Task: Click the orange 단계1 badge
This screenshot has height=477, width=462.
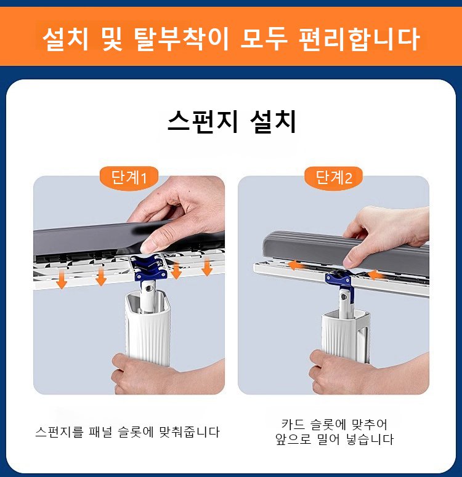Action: [129, 178]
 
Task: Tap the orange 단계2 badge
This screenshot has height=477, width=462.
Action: [334, 178]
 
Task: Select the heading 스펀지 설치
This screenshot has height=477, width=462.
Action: [232, 122]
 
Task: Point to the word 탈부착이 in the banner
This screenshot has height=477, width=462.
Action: [181, 39]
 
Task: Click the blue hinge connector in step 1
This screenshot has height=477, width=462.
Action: [151, 267]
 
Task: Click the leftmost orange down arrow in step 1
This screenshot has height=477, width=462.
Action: [62, 279]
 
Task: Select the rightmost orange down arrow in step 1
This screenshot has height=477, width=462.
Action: [207, 267]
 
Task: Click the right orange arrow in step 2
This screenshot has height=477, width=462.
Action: [376, 275]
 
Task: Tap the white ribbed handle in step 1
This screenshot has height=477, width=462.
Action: [146, 326]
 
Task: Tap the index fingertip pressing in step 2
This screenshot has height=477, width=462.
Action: [349, 262]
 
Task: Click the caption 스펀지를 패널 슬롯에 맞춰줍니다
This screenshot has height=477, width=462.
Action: [128, 432]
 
